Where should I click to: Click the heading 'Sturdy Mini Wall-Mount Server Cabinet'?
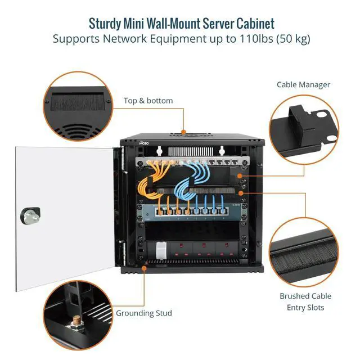coord(181,24)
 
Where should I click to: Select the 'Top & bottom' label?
coord(148,101)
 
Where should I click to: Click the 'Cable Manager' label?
coord(303,85)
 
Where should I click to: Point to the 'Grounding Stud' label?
coord(144,313)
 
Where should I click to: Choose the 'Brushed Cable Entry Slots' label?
coord(305,301)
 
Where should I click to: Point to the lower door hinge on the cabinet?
coord(122,248)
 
